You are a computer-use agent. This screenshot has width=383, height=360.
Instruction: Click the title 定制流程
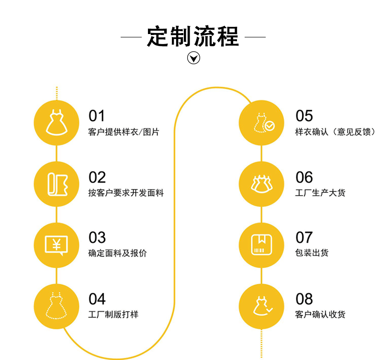pos(193,36)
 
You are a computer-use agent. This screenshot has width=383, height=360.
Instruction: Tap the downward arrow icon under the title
pos(193,58)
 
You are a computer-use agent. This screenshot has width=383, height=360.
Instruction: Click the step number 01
pos(97,116)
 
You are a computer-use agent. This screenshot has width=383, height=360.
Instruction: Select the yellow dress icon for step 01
pos(56,123)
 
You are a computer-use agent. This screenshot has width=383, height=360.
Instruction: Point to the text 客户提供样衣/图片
pos(124,132)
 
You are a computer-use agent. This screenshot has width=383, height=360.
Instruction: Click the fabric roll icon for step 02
pos(56,184)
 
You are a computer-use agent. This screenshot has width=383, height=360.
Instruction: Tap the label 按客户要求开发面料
pos(126,193)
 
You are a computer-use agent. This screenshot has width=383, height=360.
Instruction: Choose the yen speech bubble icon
pos(56,245)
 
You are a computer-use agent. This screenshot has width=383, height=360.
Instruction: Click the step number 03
pos(97,238)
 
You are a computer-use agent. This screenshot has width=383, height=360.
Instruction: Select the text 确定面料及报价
pos(118,253)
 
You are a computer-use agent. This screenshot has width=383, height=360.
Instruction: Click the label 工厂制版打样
pos(113,314)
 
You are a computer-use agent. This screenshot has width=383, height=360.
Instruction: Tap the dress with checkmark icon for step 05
pos(262,123)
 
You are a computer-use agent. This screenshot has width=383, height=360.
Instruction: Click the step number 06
pos(304,177)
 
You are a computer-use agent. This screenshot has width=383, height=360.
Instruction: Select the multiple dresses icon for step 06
pos(262,184)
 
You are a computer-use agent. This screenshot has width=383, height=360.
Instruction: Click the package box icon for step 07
pos(262,245)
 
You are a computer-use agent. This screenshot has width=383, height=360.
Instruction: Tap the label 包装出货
pos(312,253)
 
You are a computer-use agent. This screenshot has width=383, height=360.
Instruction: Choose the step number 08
pos(304,299)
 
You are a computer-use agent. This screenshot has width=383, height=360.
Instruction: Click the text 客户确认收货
pos(320,314)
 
